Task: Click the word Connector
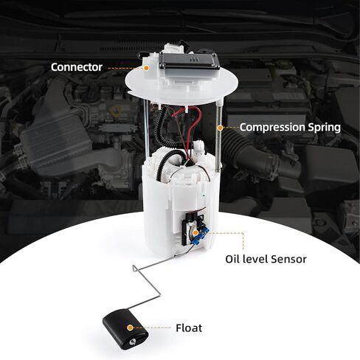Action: pos(76,67)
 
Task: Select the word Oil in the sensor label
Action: pos(234,259)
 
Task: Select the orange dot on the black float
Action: pos(130,327)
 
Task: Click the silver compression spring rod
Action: pos(219,148)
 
